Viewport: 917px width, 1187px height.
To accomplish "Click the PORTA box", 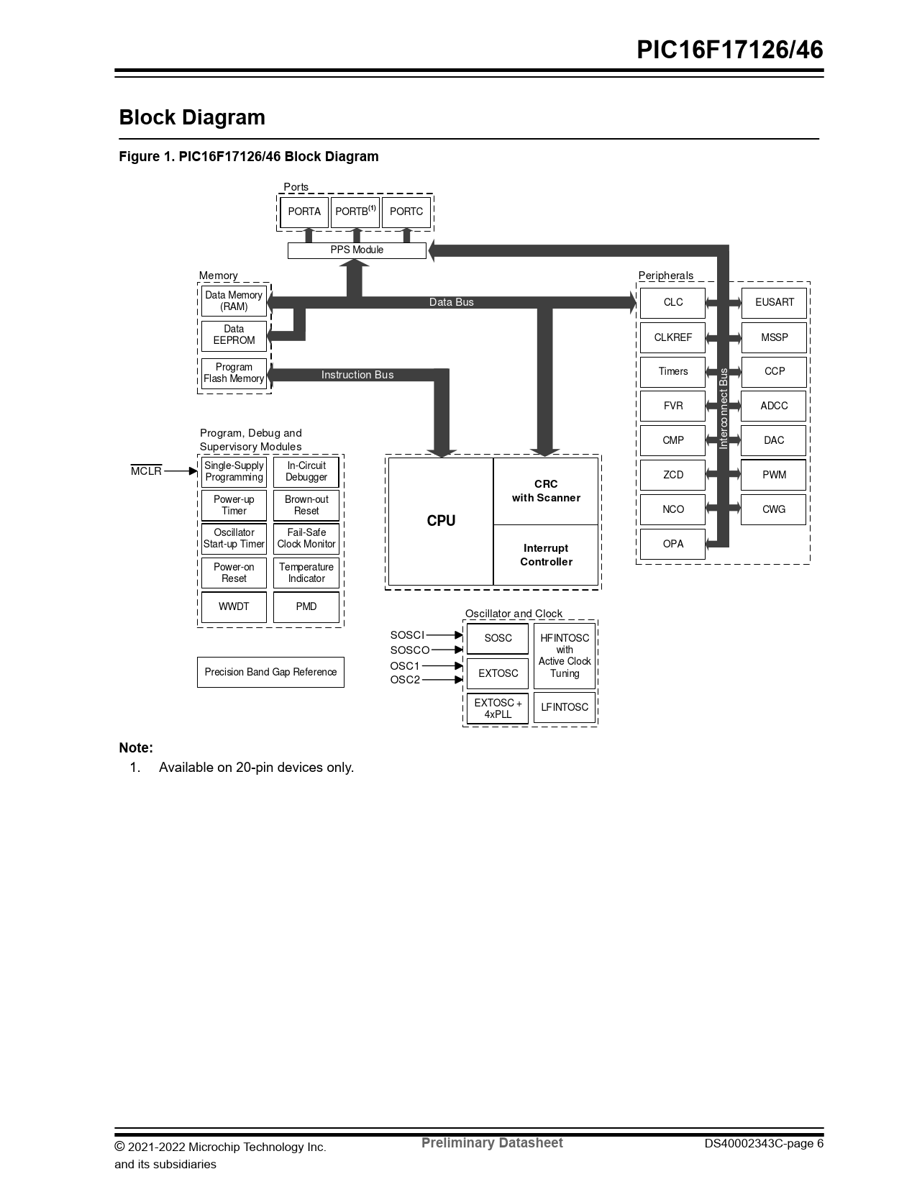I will (x=304, y=212).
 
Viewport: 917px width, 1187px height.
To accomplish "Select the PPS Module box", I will (x=357, y=250).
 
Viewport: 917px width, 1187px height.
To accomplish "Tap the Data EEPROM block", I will (x=234, y=335).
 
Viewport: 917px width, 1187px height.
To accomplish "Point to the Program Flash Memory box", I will (x=234, y=373).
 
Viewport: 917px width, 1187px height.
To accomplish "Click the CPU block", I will (x=441, y=521).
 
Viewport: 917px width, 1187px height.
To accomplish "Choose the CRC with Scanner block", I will (x=546, y=491).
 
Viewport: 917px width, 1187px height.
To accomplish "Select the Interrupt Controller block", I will (x=546, y=555).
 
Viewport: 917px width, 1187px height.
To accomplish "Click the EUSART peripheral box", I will (x=774, y=302).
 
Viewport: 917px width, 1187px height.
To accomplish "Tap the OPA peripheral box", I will (x=672, y=544).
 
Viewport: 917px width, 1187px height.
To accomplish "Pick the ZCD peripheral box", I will (x=672, y=475).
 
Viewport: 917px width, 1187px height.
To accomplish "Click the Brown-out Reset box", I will (x=306, y=505).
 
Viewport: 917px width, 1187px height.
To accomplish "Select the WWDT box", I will (x=234, y=606).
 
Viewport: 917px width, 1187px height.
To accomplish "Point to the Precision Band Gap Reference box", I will (x=270, y=672).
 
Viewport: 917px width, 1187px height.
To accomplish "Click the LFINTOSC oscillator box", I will (x=565, y=707).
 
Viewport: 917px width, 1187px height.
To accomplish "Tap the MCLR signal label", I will (x=146, y=471).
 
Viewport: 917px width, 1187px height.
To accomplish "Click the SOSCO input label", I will (x=409, y=650).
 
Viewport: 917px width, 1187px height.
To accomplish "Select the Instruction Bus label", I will (x=357, y=375).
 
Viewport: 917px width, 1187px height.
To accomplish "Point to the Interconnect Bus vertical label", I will (x=724, y=408).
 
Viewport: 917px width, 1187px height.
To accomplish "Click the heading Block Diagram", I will (x=192, y=117).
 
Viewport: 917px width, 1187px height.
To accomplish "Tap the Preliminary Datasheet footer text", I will (x=492, y=1143).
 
